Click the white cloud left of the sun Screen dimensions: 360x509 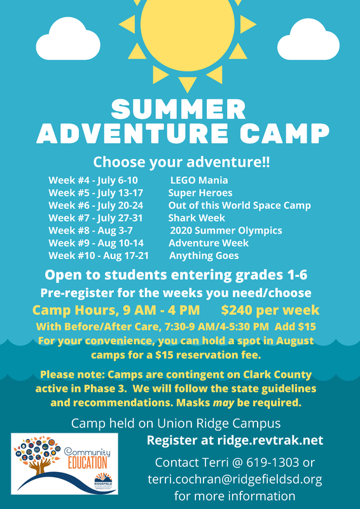click(x=68, y=39)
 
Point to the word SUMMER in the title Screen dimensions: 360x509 click(x=178, y=109)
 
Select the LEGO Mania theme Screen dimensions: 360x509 click(x=199, y=180)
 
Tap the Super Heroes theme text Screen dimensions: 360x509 click(x=200, y=193)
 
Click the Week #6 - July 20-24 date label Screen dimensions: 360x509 click(x=96, y=206)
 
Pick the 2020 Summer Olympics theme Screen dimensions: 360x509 click(x=226, y=231)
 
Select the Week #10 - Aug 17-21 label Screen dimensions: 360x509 click(x=99, y=256)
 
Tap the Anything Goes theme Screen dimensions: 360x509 click(x=204, y=256)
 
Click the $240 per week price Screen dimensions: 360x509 click(x=270, y=310)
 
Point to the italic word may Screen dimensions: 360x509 click(x=223, y=403)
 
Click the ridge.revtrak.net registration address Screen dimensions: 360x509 click(x=270, y=440)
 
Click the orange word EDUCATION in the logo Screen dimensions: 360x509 click(x=88, y=463)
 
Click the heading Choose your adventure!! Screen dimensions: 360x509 click(x=181, y=162)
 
